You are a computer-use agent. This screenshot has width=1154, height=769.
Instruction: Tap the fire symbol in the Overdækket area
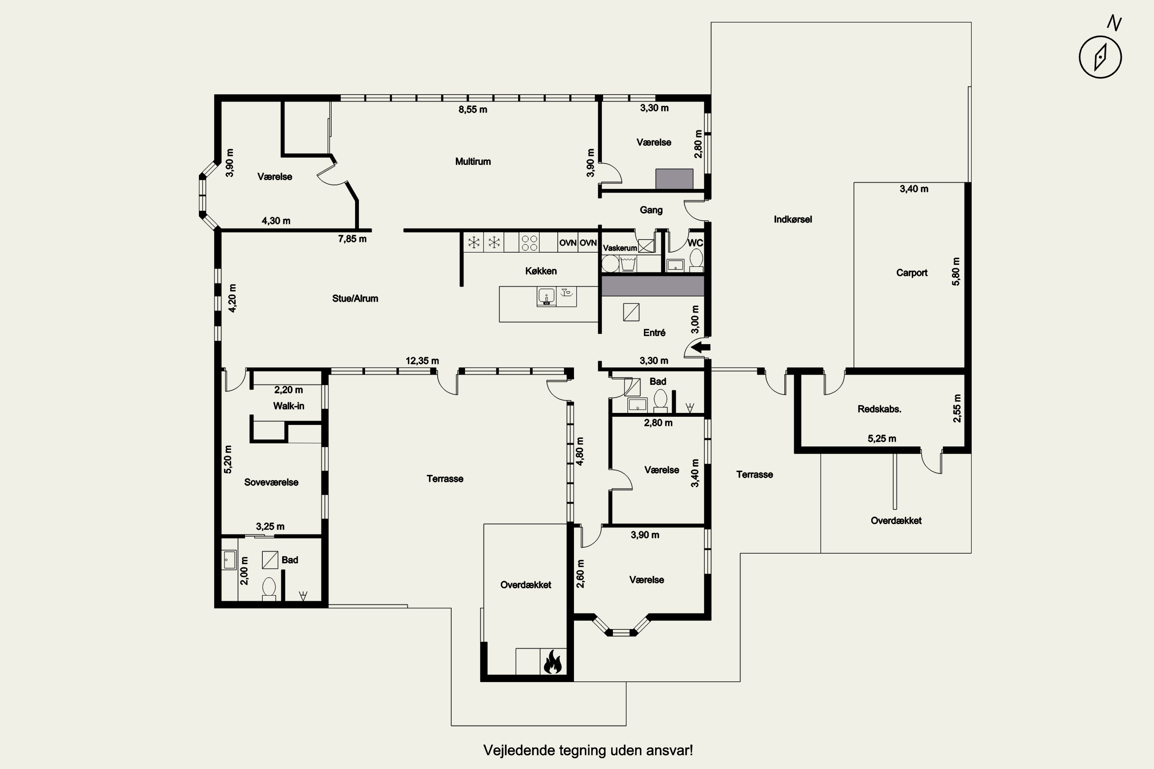(x=553, y=662)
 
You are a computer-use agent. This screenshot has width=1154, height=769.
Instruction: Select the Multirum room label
(x=473, y=161)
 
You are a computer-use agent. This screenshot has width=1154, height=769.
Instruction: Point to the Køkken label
(x=541, y=271)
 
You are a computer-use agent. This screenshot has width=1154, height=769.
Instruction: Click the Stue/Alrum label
(x=355, y=298)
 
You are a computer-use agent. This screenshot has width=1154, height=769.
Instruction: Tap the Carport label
(x=912, y=273)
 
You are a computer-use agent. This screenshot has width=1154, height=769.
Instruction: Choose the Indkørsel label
(x=793, y=219)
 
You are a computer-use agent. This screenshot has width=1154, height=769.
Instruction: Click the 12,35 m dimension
(x=422, y=361)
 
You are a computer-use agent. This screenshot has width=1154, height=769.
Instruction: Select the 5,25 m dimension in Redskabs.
(x=882, y=438)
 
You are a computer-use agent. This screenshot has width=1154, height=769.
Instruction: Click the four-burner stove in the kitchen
(x=529, y=243)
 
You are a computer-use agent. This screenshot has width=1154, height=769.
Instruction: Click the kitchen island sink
(x=546, y=297)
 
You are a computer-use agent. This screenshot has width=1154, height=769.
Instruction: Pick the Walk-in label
(x=288, y=406)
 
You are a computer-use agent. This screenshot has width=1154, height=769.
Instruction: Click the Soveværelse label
(x=271, y=482)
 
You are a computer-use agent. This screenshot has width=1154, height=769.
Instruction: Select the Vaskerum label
(x=620, y=248)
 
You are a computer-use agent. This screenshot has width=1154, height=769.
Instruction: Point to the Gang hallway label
(x=651, y=210)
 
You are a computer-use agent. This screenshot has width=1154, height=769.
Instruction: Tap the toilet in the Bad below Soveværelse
(x=269, y=589)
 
